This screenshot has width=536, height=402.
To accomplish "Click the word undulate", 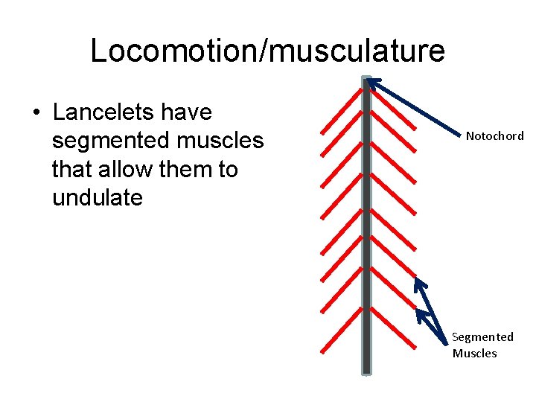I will (98, 198).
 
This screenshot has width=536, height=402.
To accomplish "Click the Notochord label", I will (494, 136).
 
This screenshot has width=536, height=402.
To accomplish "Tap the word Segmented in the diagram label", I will (482, 337).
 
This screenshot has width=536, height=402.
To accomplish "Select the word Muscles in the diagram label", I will (474, 353).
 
